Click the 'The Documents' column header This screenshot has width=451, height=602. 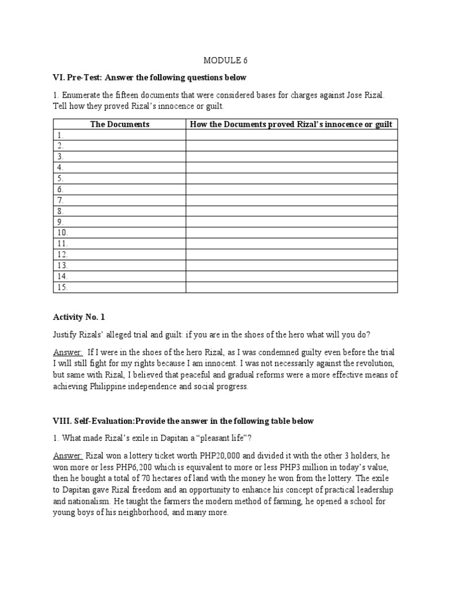[x=120, y=124]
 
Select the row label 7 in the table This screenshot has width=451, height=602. [x=60, y=200]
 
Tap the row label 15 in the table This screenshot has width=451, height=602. [x=62, y=287]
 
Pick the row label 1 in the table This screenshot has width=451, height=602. [x=60, y=135]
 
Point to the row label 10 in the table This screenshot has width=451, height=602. [x=62, y=233]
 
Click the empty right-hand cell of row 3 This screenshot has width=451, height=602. [x=291, y=157]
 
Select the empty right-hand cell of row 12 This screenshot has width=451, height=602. [x=291, y=255]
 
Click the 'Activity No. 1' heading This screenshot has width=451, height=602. [x=79, y=317]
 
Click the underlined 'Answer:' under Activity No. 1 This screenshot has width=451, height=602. [x=68, y=352]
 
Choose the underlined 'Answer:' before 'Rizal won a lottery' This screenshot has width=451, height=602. [x=68, y=456]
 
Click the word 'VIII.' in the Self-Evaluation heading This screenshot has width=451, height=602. [x=62, y=421]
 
